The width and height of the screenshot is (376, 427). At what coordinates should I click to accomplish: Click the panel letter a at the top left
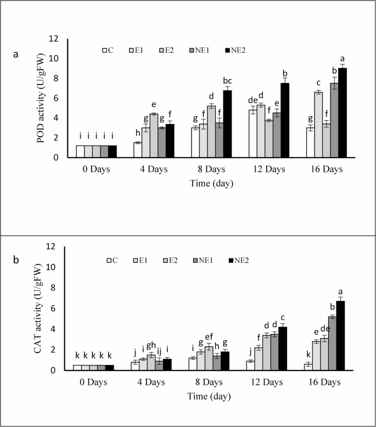[16, 54]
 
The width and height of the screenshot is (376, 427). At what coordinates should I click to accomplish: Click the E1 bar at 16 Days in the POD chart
[318, 125]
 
